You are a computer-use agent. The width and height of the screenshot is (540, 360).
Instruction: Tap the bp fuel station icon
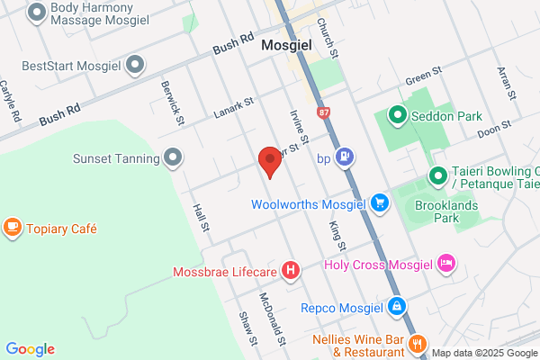(x=344, y=158)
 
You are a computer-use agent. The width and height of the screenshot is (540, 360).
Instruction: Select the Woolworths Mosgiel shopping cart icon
(x=380, y=203)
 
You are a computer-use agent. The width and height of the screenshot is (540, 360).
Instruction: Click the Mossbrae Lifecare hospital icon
(x=291, y=269)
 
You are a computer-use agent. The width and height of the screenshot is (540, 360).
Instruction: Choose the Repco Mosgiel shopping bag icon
(x=396, y=306)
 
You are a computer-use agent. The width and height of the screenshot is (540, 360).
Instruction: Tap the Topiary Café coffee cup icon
(x=13, y=228)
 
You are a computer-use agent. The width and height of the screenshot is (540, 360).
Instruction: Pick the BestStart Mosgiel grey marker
(x=136, y=65)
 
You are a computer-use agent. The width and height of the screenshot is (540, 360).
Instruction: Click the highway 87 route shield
(x=323, y=112)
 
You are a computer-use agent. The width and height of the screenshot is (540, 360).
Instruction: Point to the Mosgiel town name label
(x=286, y=44)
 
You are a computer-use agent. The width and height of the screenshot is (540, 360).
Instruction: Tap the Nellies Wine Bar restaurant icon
(x=417, y=343)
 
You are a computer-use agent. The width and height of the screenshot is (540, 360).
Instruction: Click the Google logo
(x=30, y=349)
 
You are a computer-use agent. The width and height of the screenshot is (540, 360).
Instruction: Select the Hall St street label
(x=200, y=217)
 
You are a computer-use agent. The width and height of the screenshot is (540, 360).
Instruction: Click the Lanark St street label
(x=237, y=111)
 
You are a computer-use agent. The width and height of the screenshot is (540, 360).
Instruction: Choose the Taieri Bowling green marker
(x=438, y=175)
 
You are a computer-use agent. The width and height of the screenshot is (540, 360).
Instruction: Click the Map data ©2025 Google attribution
(x=484, y=352)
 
